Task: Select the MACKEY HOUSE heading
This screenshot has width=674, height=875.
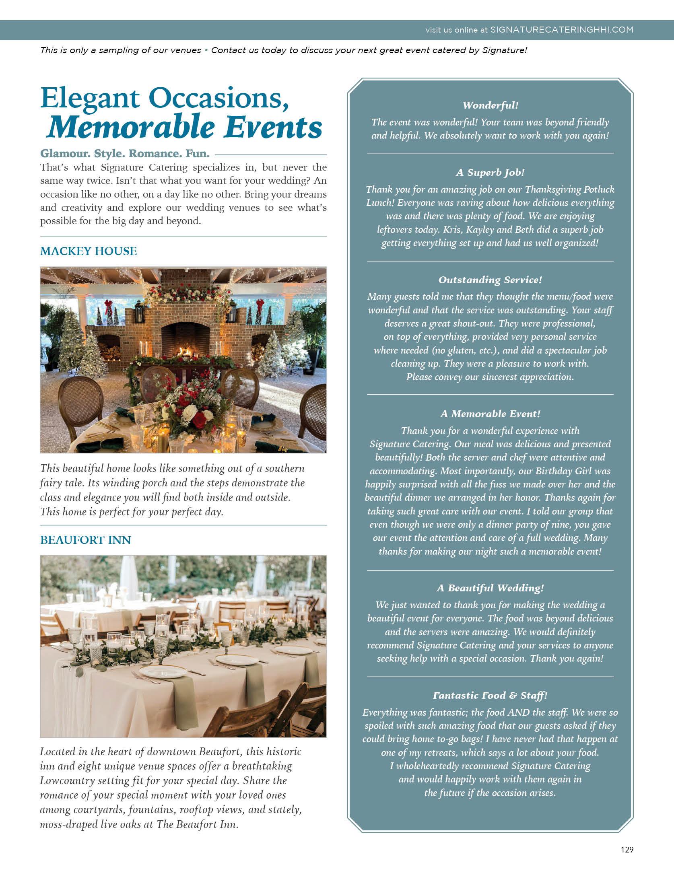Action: coord(89,251)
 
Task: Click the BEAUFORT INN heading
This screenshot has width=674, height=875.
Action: coord(85,540)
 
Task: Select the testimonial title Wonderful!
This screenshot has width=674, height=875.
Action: coord(490,105)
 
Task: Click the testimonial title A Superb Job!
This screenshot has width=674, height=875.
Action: coord(490,173)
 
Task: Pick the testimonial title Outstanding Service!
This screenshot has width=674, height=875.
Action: coord(490,280)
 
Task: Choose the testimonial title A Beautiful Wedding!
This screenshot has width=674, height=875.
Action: coord(490,588)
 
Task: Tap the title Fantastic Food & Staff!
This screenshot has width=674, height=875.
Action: coord(490,696)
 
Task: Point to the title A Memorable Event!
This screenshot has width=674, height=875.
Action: coord(490,414)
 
